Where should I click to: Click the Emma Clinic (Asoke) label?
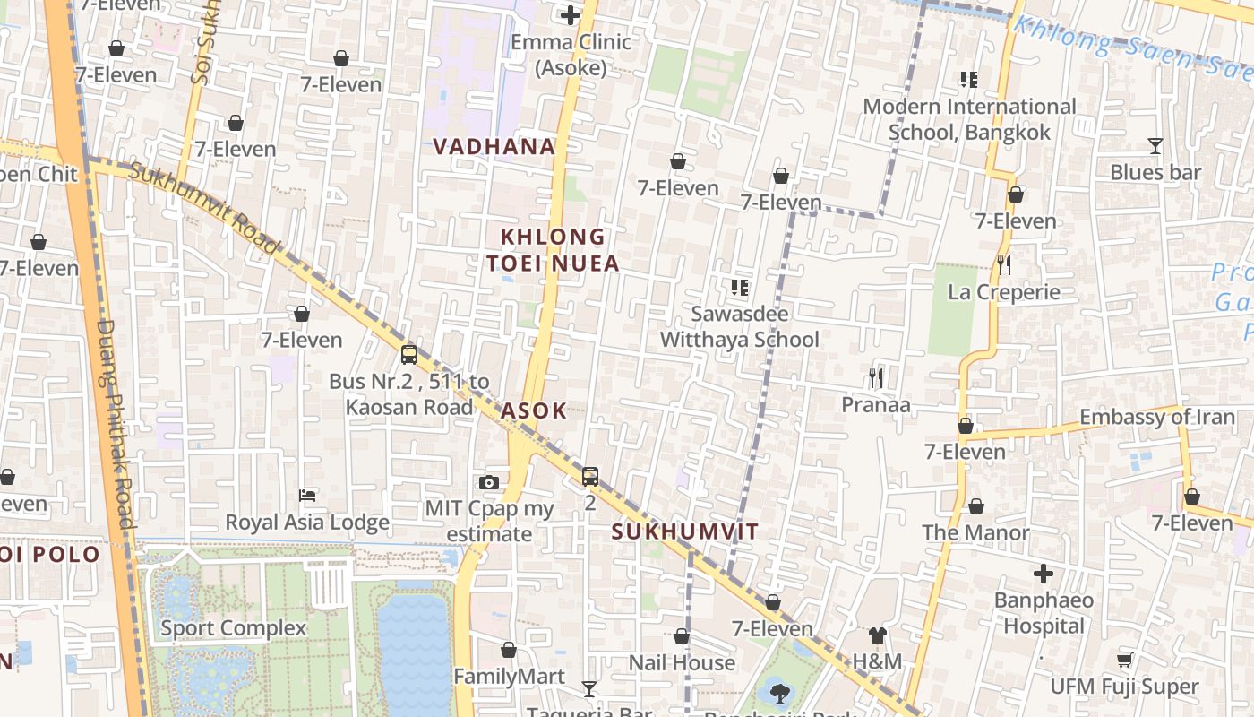(x=571, y=55)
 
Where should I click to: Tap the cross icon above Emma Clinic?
(x=571, y=15)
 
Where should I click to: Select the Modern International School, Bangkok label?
(x=969, y=119)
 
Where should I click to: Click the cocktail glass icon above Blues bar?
(x=1155, y=145)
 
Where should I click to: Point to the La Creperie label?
(x=1003, y=292)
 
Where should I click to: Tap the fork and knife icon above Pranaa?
(x=876, y=378)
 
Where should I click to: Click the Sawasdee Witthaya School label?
(x=740, y=326)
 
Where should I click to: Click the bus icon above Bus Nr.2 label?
(x=409, y=355)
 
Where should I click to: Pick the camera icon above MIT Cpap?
(x=488, y=483)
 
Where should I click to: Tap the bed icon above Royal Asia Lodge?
(x=307, y=496)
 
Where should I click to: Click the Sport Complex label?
(x=233, y=628)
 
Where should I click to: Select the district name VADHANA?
(x=494, y=147)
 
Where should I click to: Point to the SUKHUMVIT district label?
(x=685, y=531)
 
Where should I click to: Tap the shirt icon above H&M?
(x=878, y=635)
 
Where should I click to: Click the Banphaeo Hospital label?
(x=1044, y=612)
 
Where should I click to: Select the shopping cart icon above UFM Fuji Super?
(x=1124, y=661)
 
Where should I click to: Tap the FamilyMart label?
(x=509, y=677)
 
